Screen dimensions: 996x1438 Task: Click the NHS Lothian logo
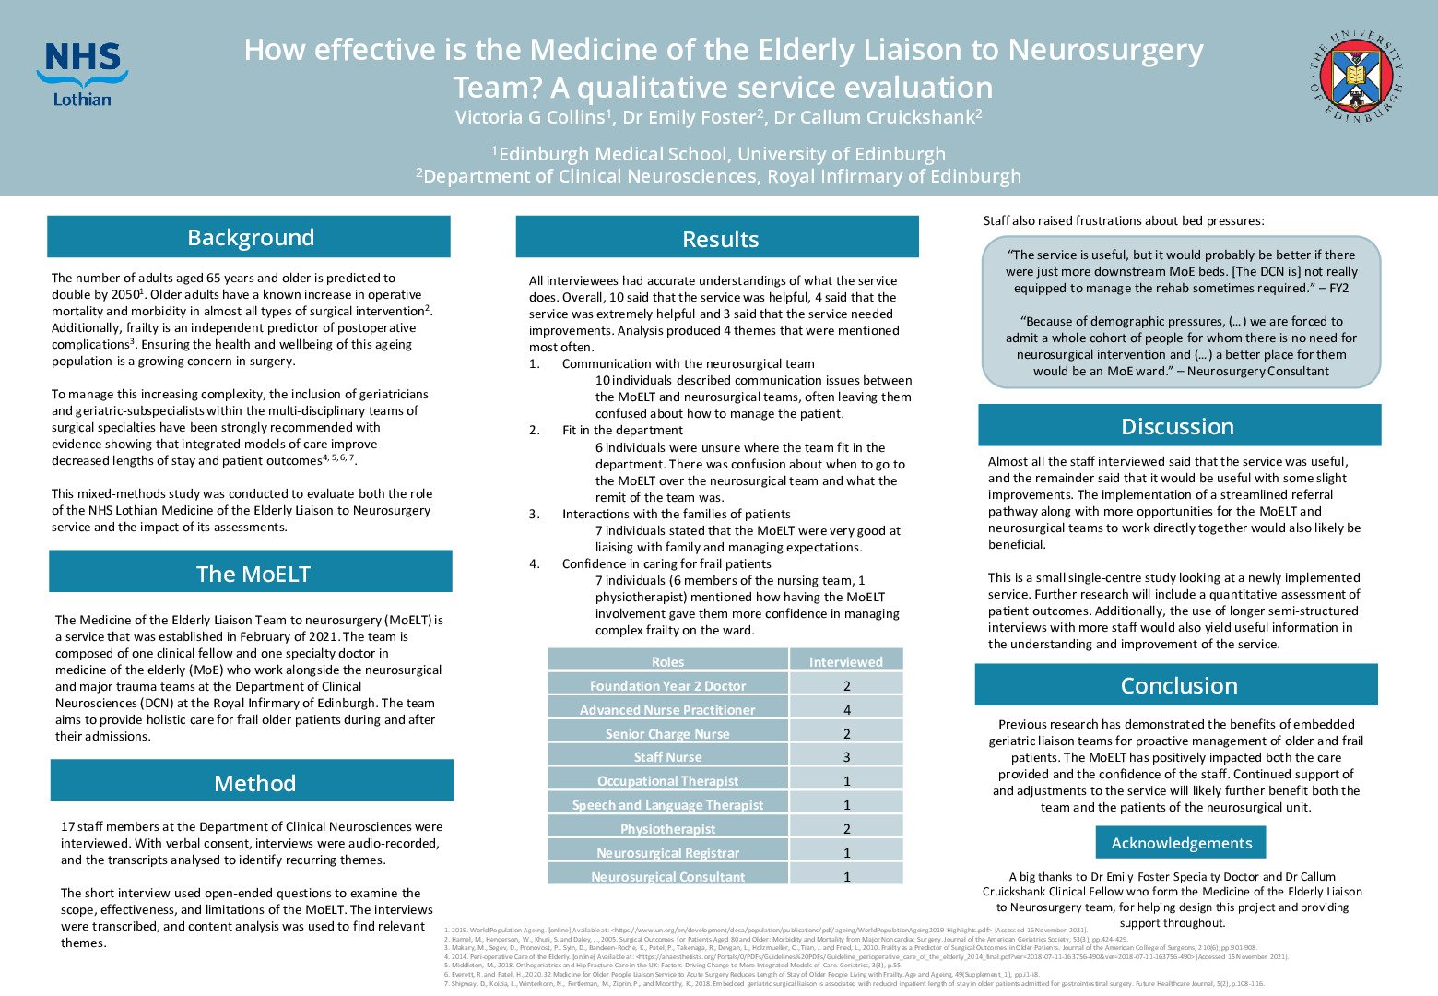point(82,74)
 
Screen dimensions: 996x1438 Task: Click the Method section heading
point(253,783)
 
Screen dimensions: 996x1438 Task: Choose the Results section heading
point(719,239)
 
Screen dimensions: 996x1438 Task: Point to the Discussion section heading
point(1177,426)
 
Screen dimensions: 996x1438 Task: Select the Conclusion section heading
point(1177,685)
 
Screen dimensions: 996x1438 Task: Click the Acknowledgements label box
point(1181,843)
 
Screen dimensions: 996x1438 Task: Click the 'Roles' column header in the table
point(667,661)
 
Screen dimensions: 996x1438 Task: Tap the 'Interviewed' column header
point(845,661)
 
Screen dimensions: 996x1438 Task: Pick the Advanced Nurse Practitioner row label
point(667,709)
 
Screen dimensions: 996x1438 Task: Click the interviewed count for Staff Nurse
point(846,757)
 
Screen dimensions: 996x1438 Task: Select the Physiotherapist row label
point(667,828)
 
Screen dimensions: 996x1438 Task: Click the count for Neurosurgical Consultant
point(846,876)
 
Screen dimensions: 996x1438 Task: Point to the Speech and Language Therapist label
point(667,804)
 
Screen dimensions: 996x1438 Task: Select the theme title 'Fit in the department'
point(622,430)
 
